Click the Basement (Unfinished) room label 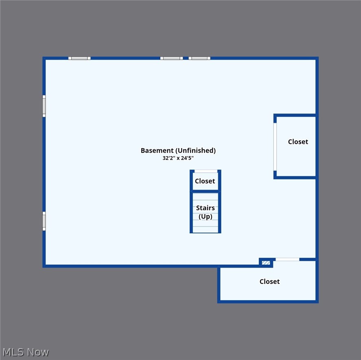pyautogui.click(x=178, y=151)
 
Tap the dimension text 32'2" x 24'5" pyautogui.click(x=178, y=159)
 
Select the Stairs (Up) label pyautogui.click(x=206, y=212)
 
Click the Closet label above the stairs pyautogui.click(x=205, y=181)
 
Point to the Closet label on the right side pyautogui.click(x=298, y=142)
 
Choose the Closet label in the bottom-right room pyautogui.click(x=269, y=281)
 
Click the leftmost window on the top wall pyautogui.click(x=79, y=58)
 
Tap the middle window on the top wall pyautogui.click(x=171, y=58)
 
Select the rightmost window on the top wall pyautogui.click(x=199, y=58)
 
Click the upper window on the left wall pyautogui.click(x=44, y=106)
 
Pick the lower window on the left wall pyautogui.click(x=44, y=221)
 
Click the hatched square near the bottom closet pyautogui.click(x=266, y=263)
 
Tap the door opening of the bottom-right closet pyautogui.click(x=287, y=260)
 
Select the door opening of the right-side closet pyautogui.click(x=275, y=147)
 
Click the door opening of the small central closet pyautogui.click(x=206, y=171)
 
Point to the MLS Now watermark pyautogui.click(x=25, y=352)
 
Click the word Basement pyautogui.click(x=157, y=151)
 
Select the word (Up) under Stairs pyautogui.click(x=206, y=216)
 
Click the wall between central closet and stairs pyautogui.click(x=206, y=191)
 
